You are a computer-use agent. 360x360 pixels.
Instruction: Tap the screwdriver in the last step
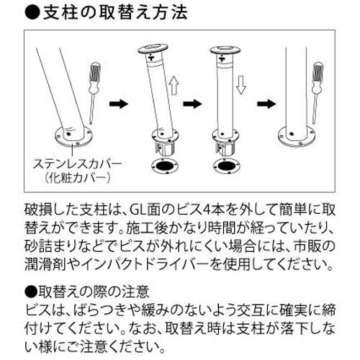pos(318,90)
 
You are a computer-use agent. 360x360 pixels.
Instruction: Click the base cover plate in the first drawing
pos(70,135)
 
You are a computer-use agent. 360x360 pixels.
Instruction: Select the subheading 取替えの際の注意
pos(90,292)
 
